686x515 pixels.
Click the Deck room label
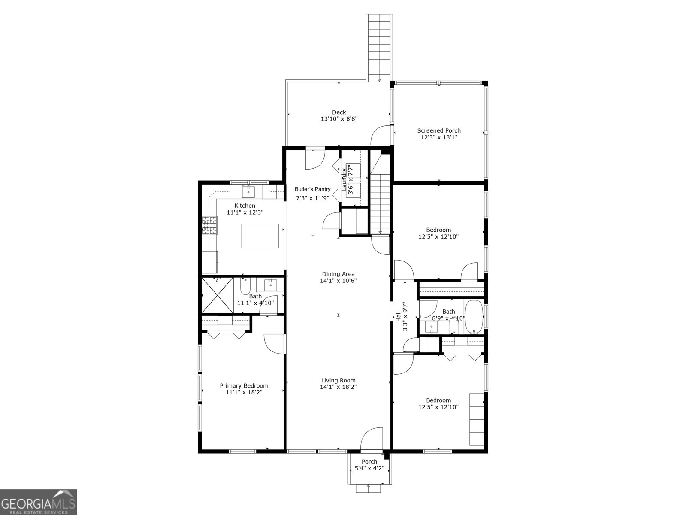338,112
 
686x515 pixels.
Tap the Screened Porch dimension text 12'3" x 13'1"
439,138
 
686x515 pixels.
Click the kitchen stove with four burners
210,226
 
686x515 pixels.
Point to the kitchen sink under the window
248,191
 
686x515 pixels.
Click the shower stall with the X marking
217,295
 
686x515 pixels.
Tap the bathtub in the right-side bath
474,317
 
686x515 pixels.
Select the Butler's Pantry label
312,189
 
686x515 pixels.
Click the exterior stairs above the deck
379,47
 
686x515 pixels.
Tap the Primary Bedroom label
244,385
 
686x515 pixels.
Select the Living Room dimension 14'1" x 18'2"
338,387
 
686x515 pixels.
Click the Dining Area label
338,274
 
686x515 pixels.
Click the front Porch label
369,462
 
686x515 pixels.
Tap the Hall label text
398,317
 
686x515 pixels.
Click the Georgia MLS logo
38,502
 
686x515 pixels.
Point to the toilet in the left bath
245,285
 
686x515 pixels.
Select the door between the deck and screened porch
381,135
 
